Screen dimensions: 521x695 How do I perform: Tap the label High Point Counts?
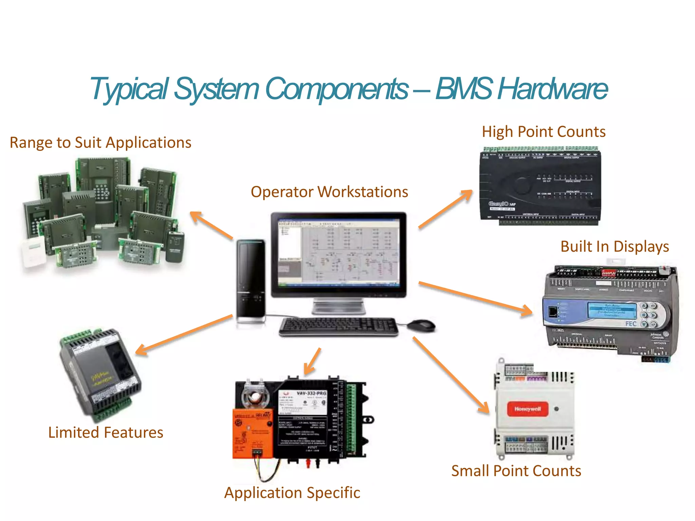point(543,132)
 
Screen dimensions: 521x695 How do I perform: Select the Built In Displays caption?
point(614,247)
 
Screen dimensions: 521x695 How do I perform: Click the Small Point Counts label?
point(516,471)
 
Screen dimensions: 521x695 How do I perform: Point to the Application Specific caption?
point(292,493)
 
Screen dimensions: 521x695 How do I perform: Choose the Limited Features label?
point(106,432)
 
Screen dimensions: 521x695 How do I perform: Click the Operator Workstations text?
point(329,192)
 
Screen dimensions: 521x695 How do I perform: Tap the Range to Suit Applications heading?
point(100,142)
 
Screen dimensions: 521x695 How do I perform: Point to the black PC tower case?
point(251,280)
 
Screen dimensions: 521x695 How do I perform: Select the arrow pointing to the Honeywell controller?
point(451,375)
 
